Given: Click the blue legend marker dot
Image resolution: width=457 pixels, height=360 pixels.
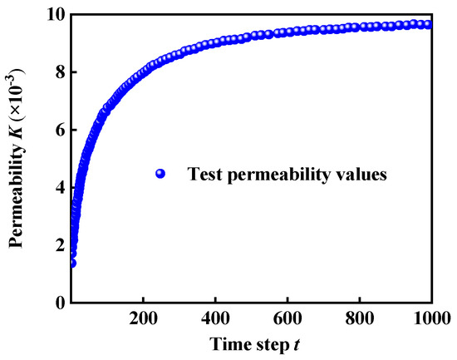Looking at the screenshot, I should click(x=161, y=174).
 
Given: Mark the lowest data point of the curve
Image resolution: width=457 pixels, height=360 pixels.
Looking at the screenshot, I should click(x=71, y=263).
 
